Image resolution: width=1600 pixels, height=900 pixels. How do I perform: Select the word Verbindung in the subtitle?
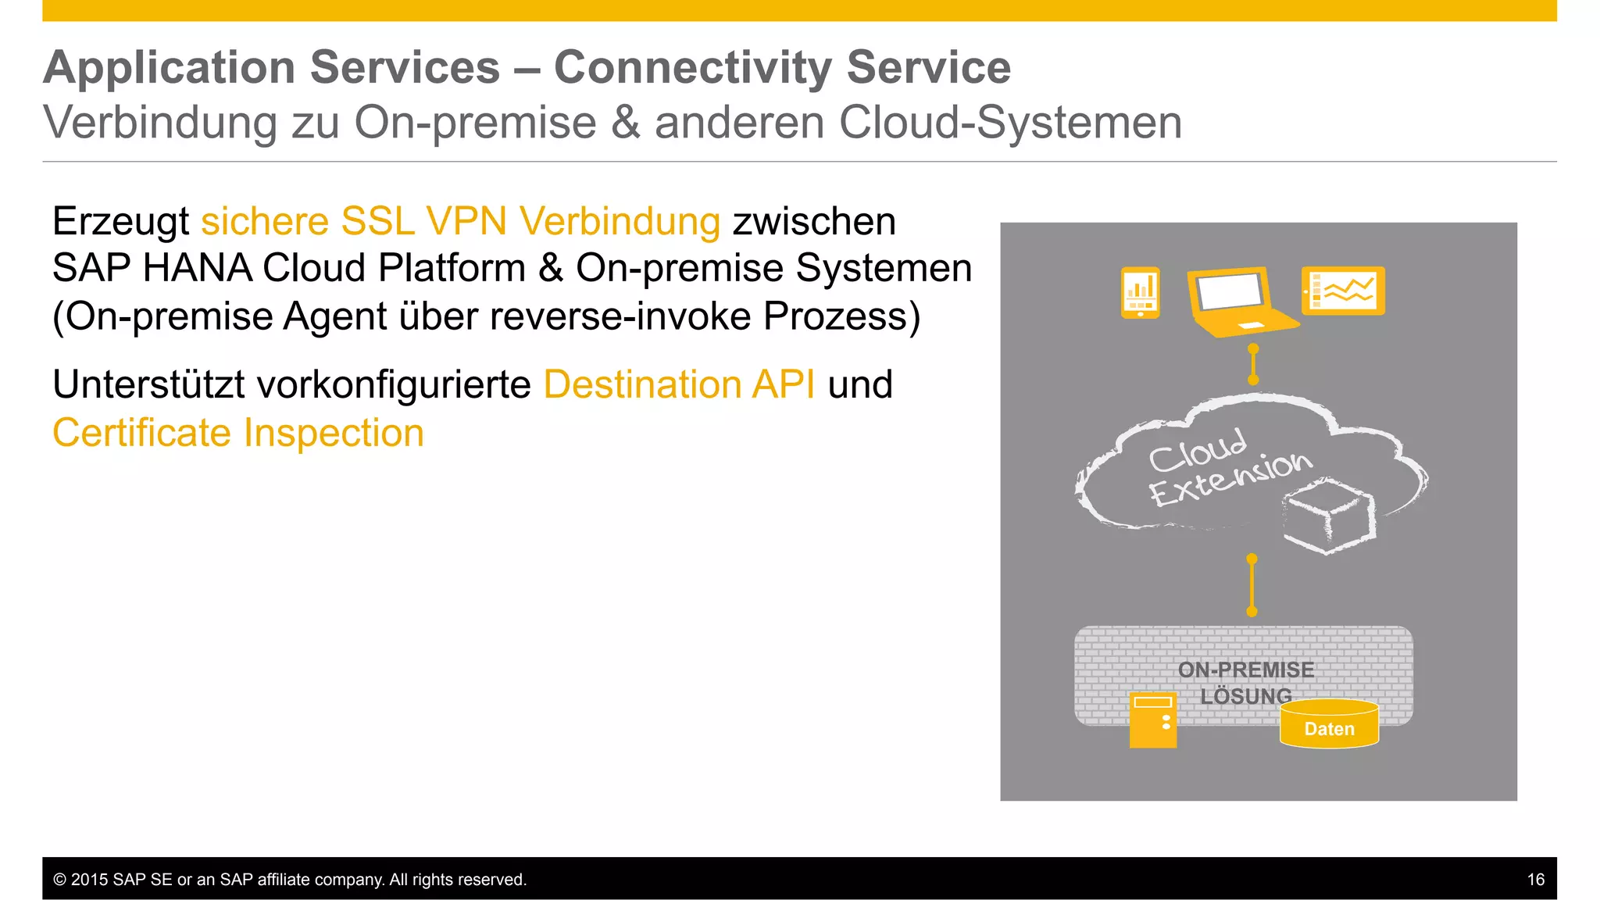tap(160, 123)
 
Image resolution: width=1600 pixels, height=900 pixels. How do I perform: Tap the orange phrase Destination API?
tap(679, 384)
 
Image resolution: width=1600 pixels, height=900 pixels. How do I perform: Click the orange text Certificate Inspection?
tap(238, 433)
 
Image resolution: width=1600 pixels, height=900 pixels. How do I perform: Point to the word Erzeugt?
tap(120, 221)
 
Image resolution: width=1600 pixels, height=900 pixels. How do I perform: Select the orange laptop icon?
tap(1237, 301)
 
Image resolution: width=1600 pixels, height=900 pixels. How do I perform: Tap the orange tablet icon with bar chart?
tap(1140, 292)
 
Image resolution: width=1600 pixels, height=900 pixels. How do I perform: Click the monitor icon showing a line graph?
tap(1343, 291)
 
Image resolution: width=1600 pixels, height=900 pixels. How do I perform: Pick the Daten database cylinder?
tap(1329, 724)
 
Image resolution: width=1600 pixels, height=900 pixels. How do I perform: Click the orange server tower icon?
tap(1153, 720)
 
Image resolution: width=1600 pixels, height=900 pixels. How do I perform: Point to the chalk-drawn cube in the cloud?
tap(1329, 516)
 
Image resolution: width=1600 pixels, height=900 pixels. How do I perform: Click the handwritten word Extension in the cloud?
tap(1230, 477)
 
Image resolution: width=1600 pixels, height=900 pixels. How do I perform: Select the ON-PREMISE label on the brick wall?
tap(1245, 670)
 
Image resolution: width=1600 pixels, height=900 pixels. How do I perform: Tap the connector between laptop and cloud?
tap(1253, 364)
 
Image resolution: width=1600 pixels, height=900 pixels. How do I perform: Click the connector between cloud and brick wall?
tap(1252, 585)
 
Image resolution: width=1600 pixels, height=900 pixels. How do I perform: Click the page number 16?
tap(1535, 880)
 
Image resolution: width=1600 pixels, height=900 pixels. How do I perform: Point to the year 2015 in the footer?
tap(89, 880)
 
